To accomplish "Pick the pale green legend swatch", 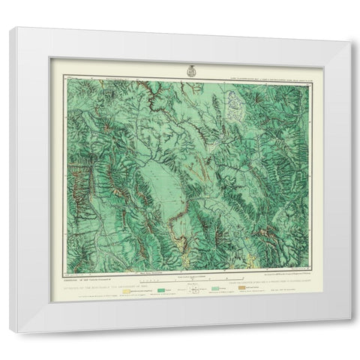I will [223, 286].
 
